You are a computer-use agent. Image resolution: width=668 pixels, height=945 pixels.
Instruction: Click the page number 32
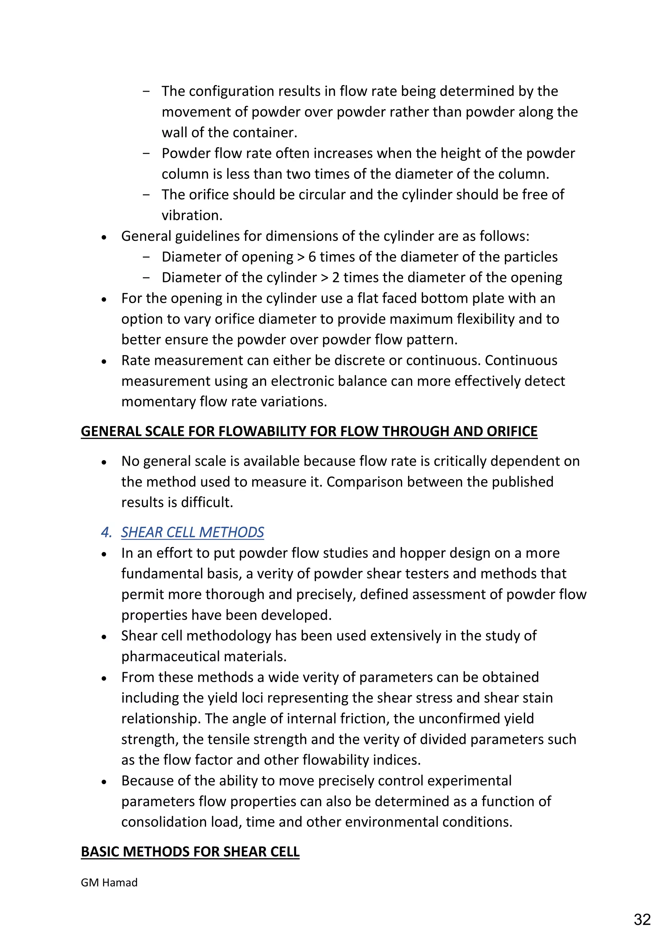pyautogui.click(x=642, y=919)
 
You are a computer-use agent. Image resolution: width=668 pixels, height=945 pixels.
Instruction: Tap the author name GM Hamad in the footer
pyautogui.click(x=109, y=882)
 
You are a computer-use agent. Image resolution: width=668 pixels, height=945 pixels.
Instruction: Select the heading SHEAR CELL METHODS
pyautogui.click(x=192, y=532)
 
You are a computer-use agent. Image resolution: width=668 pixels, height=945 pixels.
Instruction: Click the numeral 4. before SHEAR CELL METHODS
pyautogui.click(x=106, y=532)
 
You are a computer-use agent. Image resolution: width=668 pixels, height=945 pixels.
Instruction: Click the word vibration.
pyautogui.click(x=192, y=215)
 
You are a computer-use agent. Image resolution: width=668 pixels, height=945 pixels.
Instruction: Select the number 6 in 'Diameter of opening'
pyautogui.click(x=312, y=257)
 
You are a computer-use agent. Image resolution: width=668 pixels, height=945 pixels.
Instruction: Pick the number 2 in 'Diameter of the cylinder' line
pyautogui.click(x=336, y=277)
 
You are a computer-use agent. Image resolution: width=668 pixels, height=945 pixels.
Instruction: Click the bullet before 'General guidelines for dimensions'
pyautogui.click(x=104, y=238)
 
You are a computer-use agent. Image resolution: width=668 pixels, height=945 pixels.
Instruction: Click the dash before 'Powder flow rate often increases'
pyautogui.click(x=146, y=153)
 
